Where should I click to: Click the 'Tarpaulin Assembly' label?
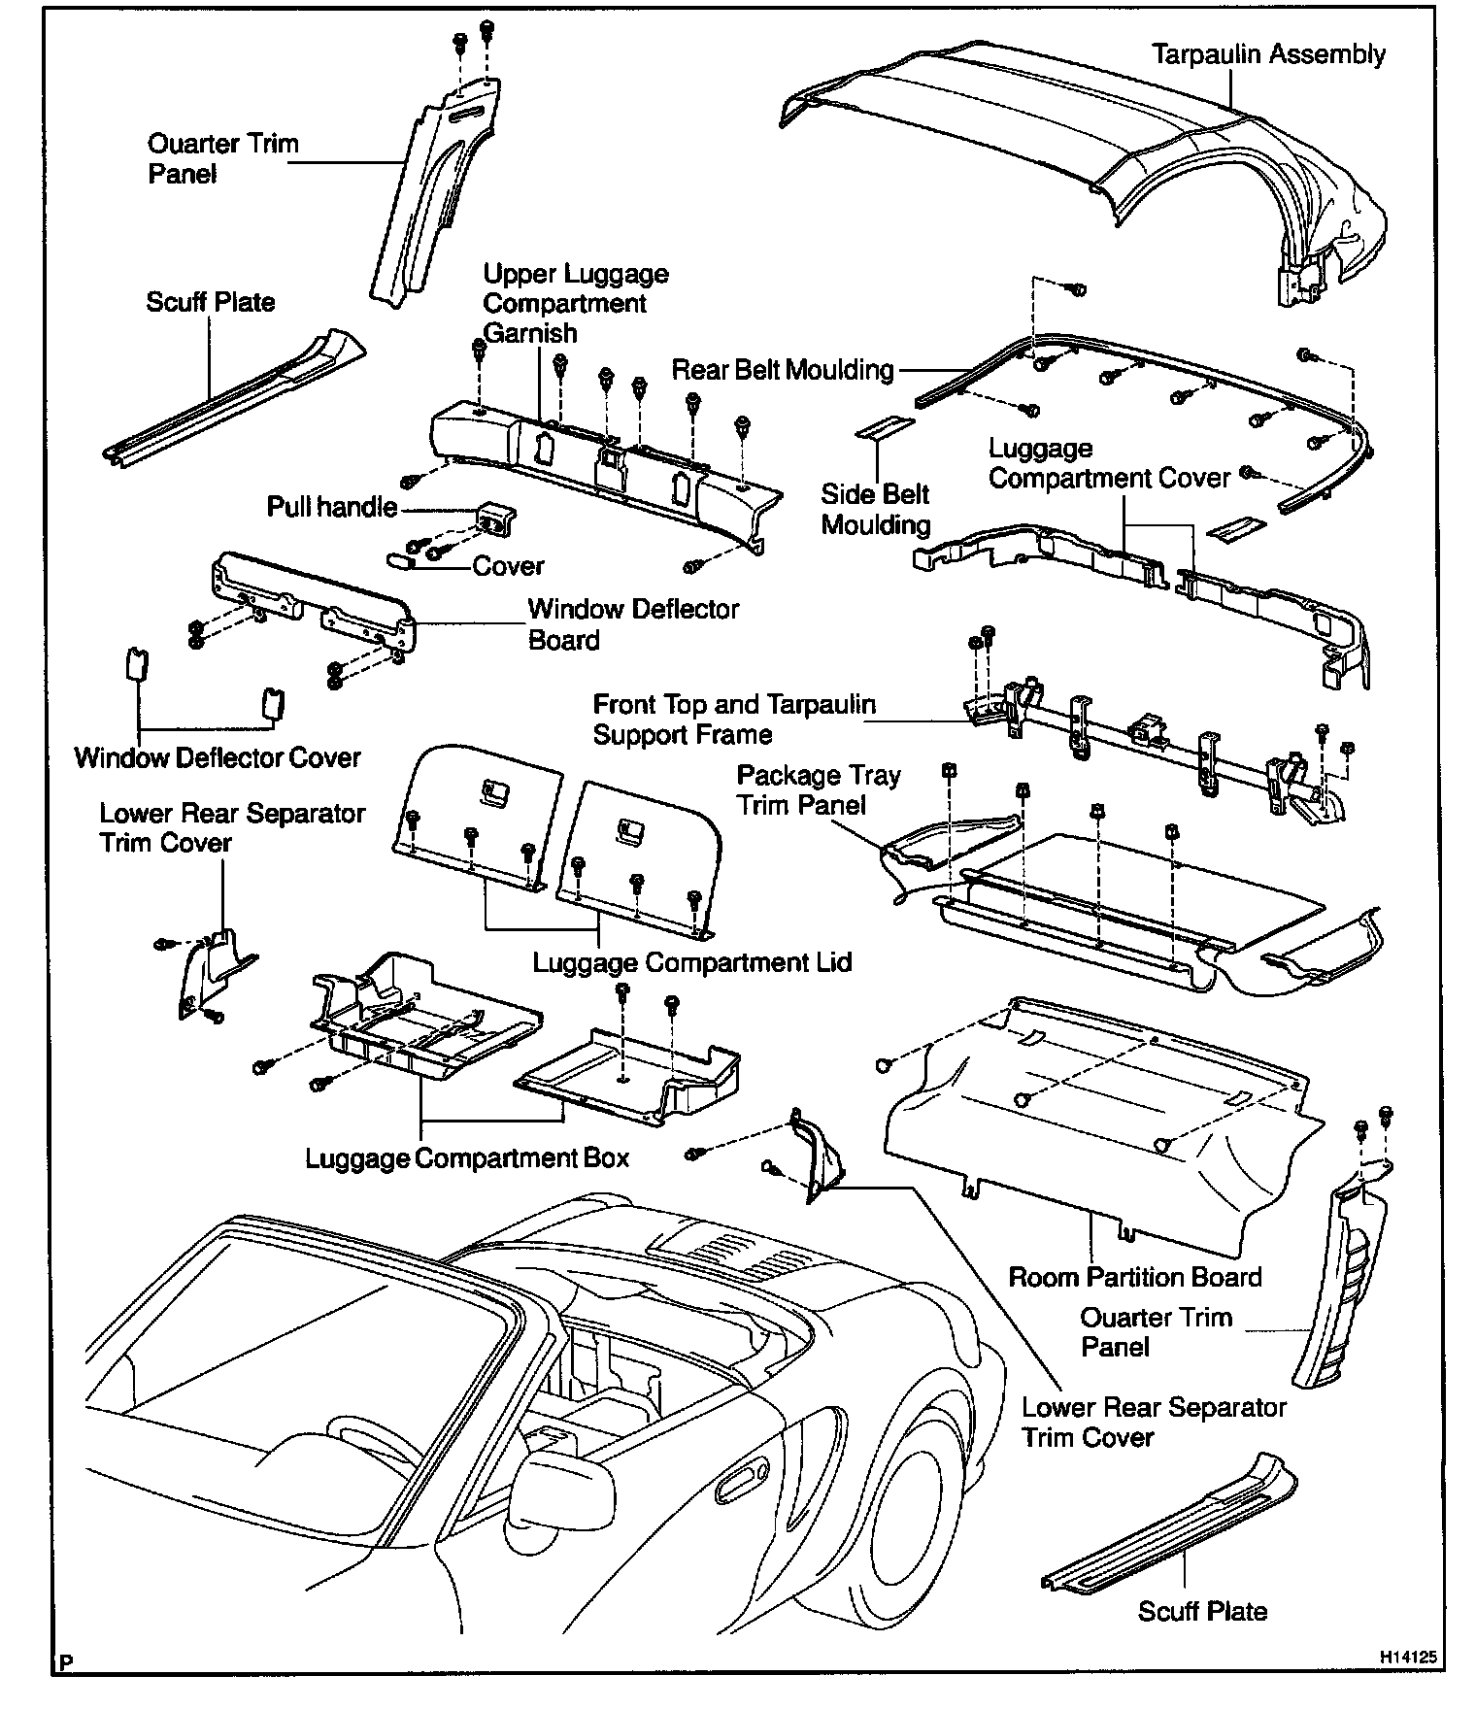1268,54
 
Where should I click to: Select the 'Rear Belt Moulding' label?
783,370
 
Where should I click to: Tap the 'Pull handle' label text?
332,507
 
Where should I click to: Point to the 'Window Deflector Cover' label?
218,757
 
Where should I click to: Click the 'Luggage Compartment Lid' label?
692,962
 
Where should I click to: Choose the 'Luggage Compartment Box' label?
467,1158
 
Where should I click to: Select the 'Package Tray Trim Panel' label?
818,789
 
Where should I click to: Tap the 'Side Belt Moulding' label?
875,509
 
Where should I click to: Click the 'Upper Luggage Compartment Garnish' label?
575,303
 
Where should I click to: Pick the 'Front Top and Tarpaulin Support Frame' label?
733,720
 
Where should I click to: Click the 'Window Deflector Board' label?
633,624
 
